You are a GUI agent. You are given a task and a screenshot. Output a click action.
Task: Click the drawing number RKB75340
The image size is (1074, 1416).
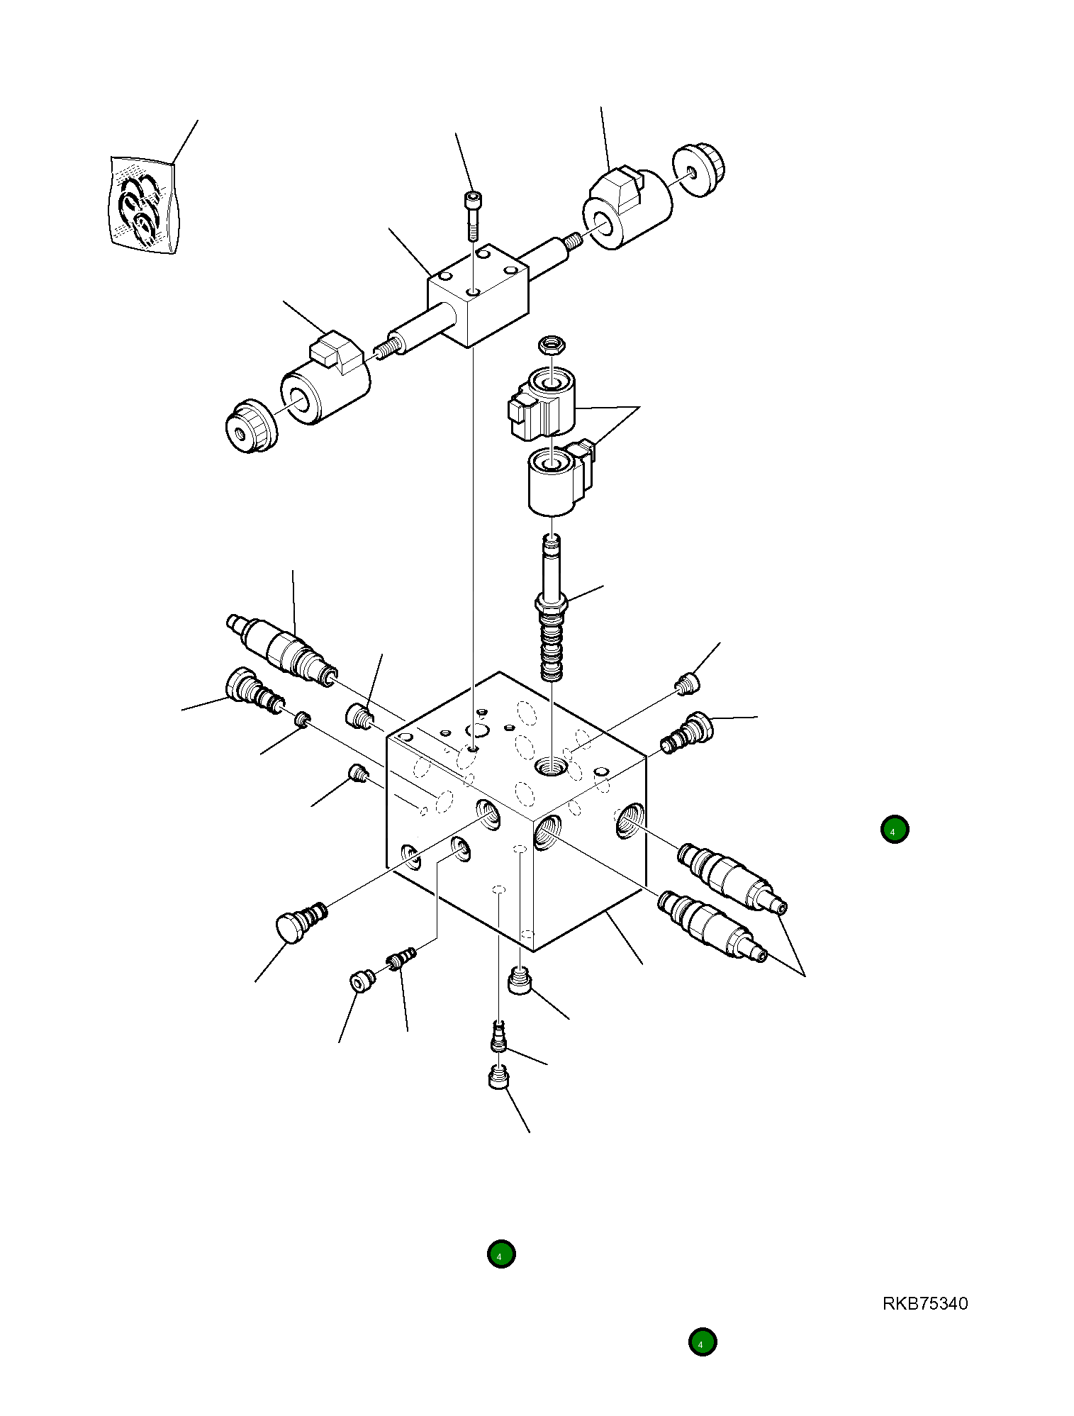[924, 1303]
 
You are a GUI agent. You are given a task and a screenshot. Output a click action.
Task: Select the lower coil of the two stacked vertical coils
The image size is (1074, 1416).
[557, 480]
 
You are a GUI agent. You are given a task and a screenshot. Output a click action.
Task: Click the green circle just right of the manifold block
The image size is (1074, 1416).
[894, 829]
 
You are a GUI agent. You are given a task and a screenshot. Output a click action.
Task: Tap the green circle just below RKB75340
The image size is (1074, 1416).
[702, 1342]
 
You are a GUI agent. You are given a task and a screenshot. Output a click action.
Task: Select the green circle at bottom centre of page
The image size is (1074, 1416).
[500, 1254]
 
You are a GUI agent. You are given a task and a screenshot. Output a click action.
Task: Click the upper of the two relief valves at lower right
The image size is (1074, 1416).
[731, 875]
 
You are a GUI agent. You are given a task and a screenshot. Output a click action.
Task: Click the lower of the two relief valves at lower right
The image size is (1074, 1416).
[712, 925]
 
